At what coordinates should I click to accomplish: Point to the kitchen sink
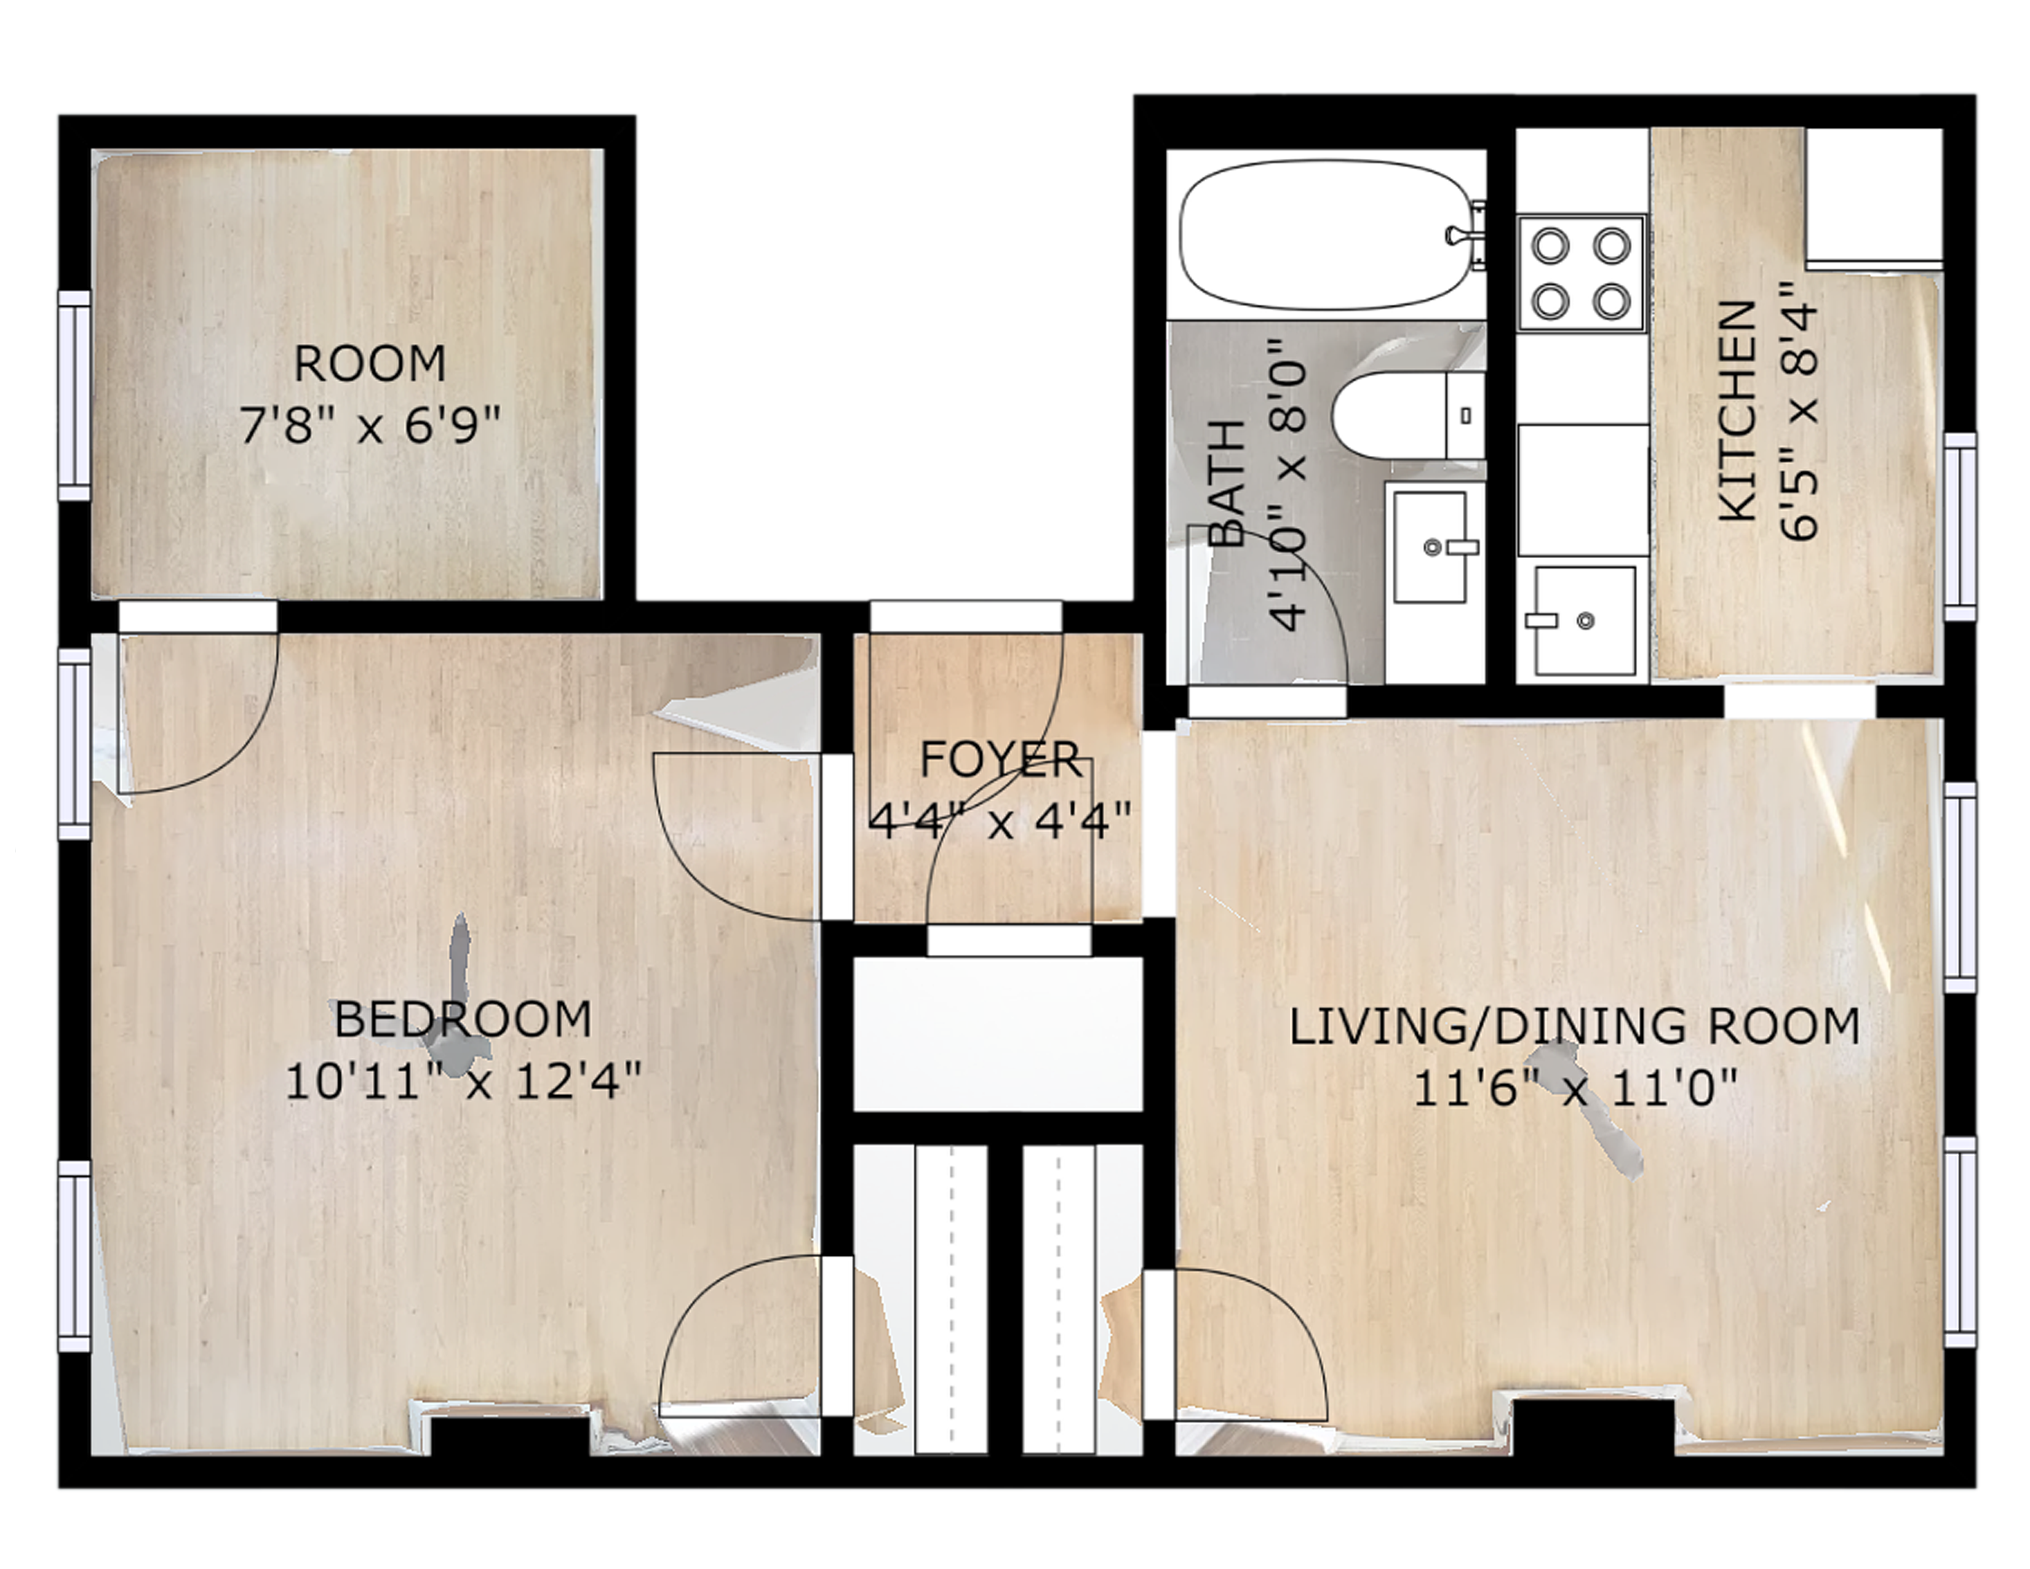pyautogui.click(x=1584, y=620)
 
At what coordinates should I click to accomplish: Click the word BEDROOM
pyautogui.click(x=462, y=1020)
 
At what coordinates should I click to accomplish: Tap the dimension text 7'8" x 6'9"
pyautogui.click(x=370, y=426)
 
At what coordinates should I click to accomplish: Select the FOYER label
pyautogui.click(x=1000, y=761)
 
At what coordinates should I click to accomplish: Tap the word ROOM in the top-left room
pyautogui.click(x=370, y=364)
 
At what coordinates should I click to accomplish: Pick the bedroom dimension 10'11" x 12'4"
pyautogui.click(x=462, y=1081)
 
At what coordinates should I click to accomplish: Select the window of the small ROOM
pyautogui.click(x=74, y=395)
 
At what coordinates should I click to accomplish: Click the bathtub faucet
pyautogui.click(x=1467, y=235)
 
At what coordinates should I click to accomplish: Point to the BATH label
pyautogui.click(x=1227, y=484)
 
